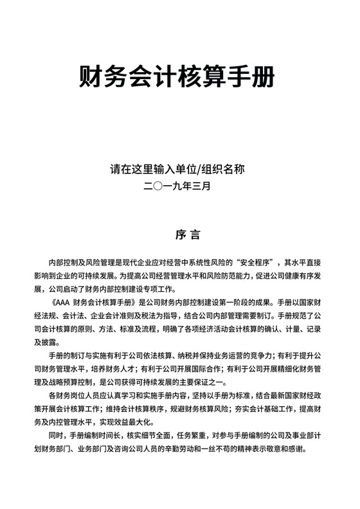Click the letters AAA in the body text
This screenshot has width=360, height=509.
(x=62, y=301)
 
